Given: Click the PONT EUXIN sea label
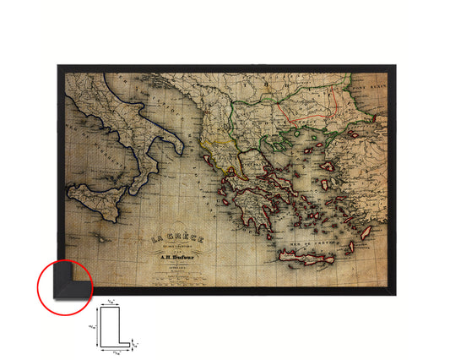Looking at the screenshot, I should point(369,85).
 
